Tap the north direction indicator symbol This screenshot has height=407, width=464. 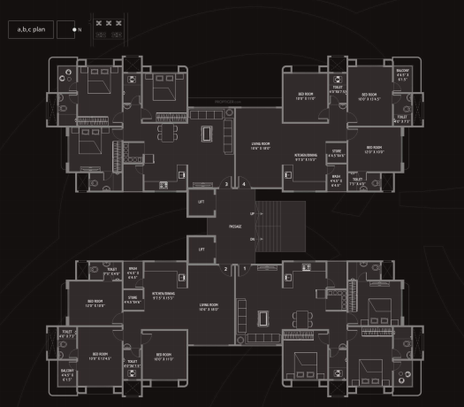pyautogui.click(x=67, y=30)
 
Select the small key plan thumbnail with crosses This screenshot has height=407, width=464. pyautogui.click(x=108, y=29)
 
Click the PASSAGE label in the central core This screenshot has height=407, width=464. pyautogui.click(x=234, y=227)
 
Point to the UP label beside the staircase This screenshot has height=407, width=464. pyautogui.click(x=252, y=214)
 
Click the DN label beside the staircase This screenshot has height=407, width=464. pyautogui.click(x=252, y=239)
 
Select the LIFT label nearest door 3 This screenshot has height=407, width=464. pyautogui.click(x=202, y=203)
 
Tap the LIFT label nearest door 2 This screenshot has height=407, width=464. pyautogui.click(x=202, y=250)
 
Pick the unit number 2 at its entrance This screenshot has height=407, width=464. pyautogui.click(x=226, y=268)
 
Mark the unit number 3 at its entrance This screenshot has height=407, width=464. pyautogui.click(x=226, y=185)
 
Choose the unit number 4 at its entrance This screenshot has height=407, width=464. pyautogui.click(x=244, y=185)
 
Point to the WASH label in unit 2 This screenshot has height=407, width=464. pyautogui.click(x=133, y=273)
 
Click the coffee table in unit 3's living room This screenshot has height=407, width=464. pyautogui.click(x=208, y=134)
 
